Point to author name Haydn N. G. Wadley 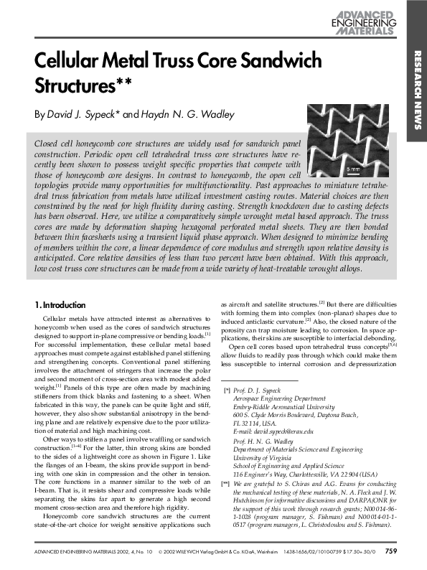coord(180,114)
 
